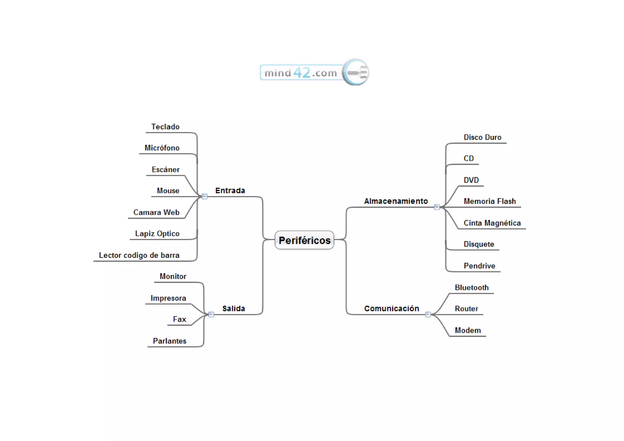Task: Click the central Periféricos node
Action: tap(304, 240)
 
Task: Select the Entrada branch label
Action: tap(230, 190)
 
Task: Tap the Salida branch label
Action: tap(233, 308)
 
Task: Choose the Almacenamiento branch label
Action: tap(396, 201)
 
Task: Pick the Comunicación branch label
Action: tap(392, 308)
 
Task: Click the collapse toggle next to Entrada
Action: tap(205, 197)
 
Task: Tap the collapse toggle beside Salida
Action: tap(211, 314)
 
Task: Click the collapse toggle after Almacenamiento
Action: tap(437, 207)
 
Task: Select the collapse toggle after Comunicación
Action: tap(428, 314)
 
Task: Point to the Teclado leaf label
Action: tap(165, 127)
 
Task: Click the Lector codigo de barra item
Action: tap(139, 255)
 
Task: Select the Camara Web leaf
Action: tap(156, 212)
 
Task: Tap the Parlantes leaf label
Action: tap(169, 341)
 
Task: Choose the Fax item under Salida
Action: tap(179, 319)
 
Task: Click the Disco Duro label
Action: tap(482, 137)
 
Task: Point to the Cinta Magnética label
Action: tap(492, 223)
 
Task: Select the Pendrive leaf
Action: tap(479, 266)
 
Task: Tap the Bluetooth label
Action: tap(472, 287)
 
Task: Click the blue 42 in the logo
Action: tap(302, 73)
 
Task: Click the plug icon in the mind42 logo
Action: tap(356, 72)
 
